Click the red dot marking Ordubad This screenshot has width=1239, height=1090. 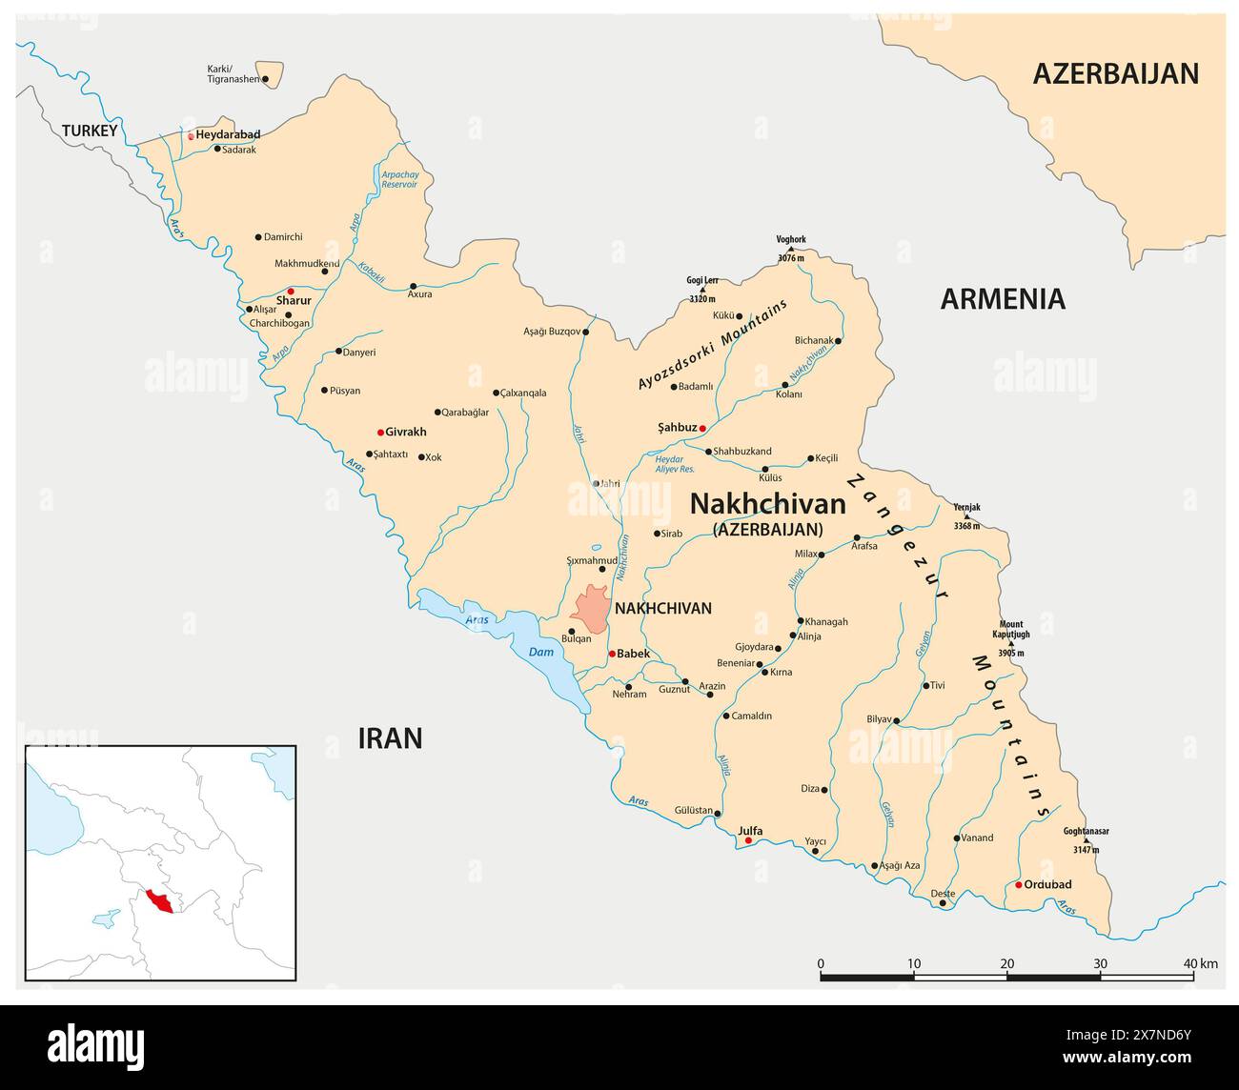tap(1018, 885)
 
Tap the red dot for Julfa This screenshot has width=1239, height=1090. tap(748, 841)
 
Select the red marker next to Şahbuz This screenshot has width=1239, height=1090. tap(702, 429)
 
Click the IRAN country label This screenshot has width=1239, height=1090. tap(389, 737)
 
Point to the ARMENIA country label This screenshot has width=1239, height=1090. tap(1003, 299)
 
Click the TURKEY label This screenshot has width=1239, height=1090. tap(90, 131)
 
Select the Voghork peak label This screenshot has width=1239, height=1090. tap(791, 239)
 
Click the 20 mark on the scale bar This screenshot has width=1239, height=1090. tap(1006, 963)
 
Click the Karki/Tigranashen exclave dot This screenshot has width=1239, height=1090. tap(265, 79)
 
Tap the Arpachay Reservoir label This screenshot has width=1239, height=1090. tap(398, 179)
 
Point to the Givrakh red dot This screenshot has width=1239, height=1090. tap(380, 433)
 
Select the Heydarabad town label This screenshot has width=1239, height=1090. tap(228, 135)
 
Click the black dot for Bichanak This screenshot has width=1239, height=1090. tap(838, 340)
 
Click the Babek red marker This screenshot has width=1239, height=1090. tap(612, 654)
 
